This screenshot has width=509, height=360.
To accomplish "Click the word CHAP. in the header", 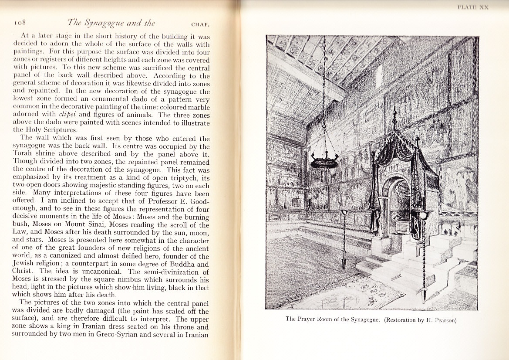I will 199,25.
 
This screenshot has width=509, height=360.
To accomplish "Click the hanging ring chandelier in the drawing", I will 324,162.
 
